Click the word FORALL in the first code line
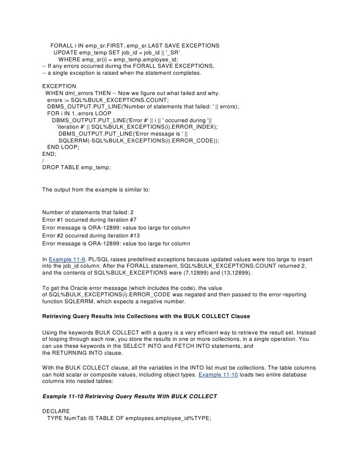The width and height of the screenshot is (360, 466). pos(61,46)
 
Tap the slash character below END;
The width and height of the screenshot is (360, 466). pos(44,160)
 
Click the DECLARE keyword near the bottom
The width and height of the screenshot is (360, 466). pos(57,411)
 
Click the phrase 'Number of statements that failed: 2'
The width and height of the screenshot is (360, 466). pos(85,212)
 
